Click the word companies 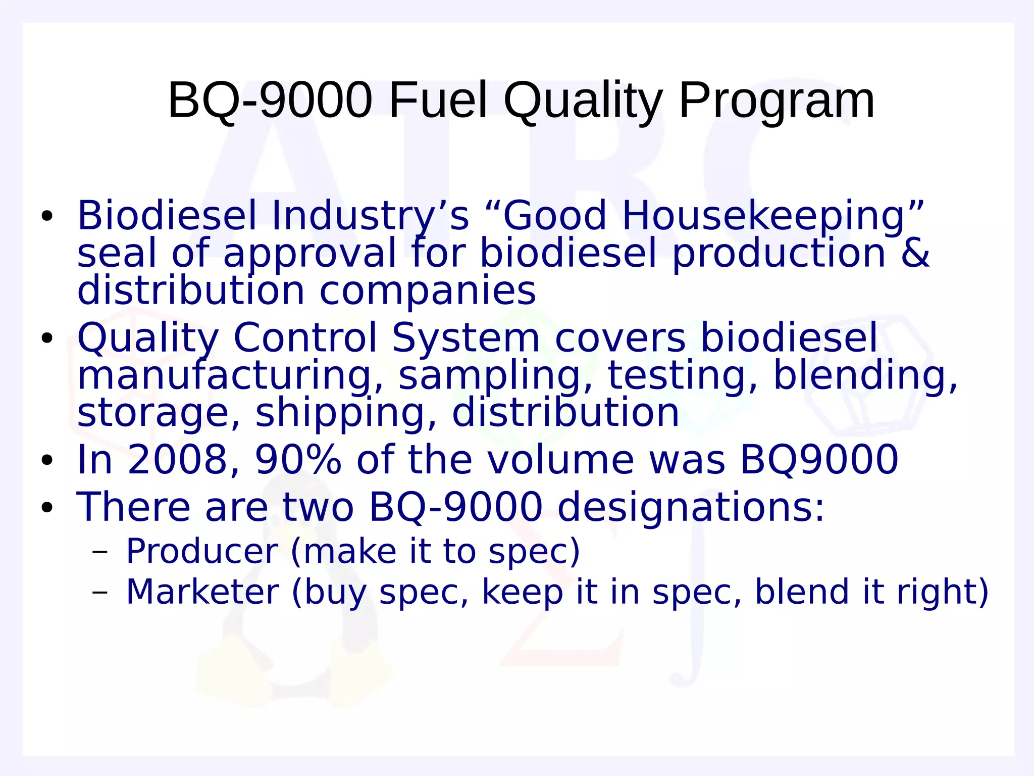[428, 292]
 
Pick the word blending [865, 376]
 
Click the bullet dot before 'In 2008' [47, 460]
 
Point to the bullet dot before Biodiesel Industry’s [47, 216]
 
